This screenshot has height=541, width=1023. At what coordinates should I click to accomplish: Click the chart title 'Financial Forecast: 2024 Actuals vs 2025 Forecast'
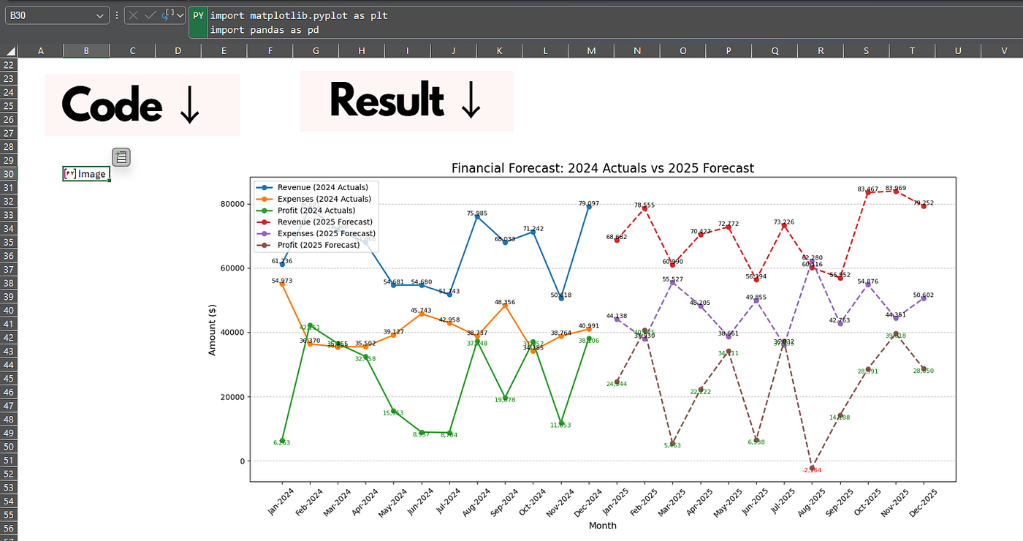pyautogui.click(x=602, y=168)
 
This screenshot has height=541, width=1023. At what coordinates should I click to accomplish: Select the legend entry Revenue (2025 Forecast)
pyautogui.click(x=324, y=222)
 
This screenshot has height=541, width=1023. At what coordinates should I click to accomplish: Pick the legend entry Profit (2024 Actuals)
pyautogui.click(x=316, y=211)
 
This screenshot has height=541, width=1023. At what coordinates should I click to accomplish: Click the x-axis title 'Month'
pyautogui.click(x=602, y=526)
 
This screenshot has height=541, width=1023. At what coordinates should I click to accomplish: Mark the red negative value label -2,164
pyautogui.click(x=812, y=470)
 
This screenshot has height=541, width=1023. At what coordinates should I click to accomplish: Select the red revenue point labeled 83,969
pyautogui.click(x=896, y=191)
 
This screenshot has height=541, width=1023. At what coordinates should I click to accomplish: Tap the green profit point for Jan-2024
pyautogui.click(x=282, y=441)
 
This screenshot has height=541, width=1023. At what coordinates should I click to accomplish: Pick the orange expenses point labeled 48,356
pyautogui.click(x=505, y=306)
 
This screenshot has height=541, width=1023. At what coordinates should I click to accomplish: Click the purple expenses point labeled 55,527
pyautogui.click(x=672, y=283)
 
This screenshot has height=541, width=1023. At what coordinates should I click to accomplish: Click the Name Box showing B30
pyautogui.click(x=51, y=15)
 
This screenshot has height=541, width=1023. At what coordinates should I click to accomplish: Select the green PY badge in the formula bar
pyautogui.click(x=197, y=15)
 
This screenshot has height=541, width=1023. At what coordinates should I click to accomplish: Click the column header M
pyautogui.click(x=591, y=50)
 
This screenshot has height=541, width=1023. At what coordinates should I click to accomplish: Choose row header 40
pyautogui.click(x=9, y=310)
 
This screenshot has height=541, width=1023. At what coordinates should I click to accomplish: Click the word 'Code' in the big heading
pyautogui.click(x=112, y=105)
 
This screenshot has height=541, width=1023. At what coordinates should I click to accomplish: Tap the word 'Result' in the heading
pyautogui.click(x=387, y=100)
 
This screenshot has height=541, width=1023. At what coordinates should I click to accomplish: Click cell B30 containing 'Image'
pyautogui.click(x=86, y=174)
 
